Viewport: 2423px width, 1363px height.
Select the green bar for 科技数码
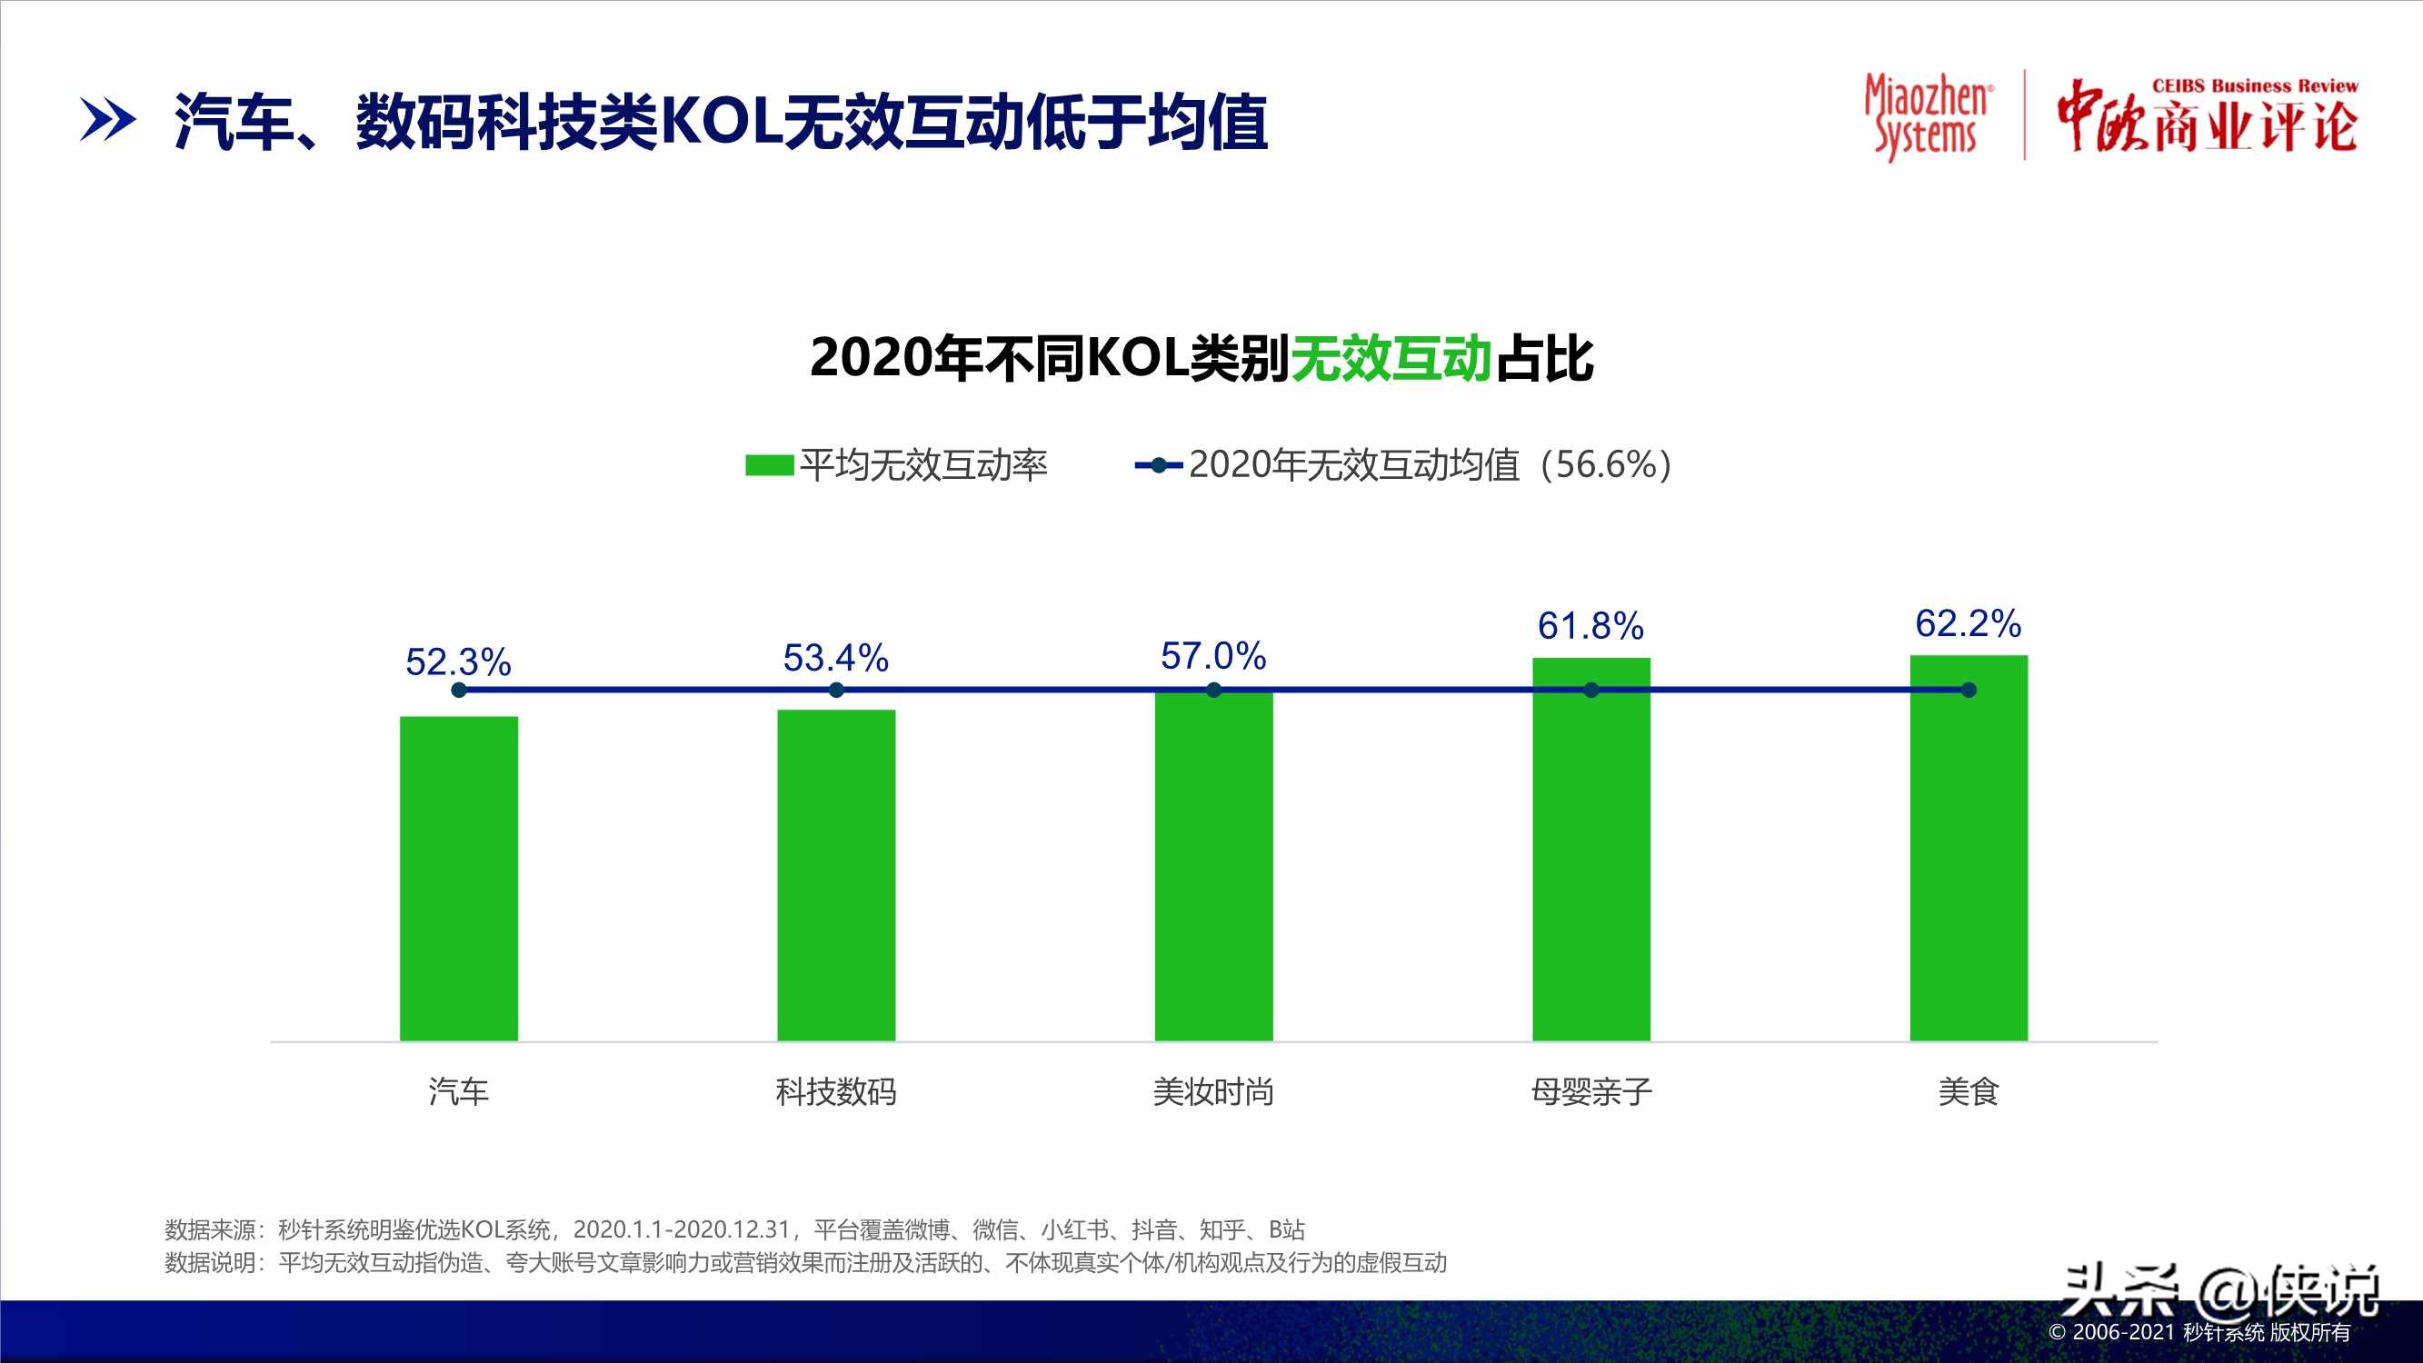(x=836, y=875)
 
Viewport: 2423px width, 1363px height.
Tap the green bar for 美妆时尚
(x=1213, y=865)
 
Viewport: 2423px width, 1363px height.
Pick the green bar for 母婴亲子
(x=1590, y=849)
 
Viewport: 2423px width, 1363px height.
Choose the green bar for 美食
(x=1969, y=848)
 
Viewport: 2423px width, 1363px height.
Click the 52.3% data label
(x=458, y=662)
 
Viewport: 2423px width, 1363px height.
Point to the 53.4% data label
(x=835, y=658)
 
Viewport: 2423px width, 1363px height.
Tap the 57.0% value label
(x=1213, y=656)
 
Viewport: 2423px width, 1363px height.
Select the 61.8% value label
(x=1590, y=625)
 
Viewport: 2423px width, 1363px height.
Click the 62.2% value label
(x=1968, y=623)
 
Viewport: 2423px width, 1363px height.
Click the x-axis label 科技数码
(x=836, y=1092)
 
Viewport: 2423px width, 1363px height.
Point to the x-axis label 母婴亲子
(x=1590, y=1092)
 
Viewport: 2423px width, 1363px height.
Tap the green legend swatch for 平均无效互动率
(x=769, y=464)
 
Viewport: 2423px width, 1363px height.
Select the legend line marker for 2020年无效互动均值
(x=1159, y=464)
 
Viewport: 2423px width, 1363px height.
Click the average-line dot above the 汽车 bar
(x=459, y=691)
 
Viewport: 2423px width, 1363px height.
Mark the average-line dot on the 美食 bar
(x=1969, y=691)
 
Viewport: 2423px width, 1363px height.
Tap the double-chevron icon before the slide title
(x=107, y=121)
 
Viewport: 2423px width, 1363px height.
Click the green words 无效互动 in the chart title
(x=1391, y=358)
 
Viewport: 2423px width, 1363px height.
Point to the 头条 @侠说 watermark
(x=2219, y=1292)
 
